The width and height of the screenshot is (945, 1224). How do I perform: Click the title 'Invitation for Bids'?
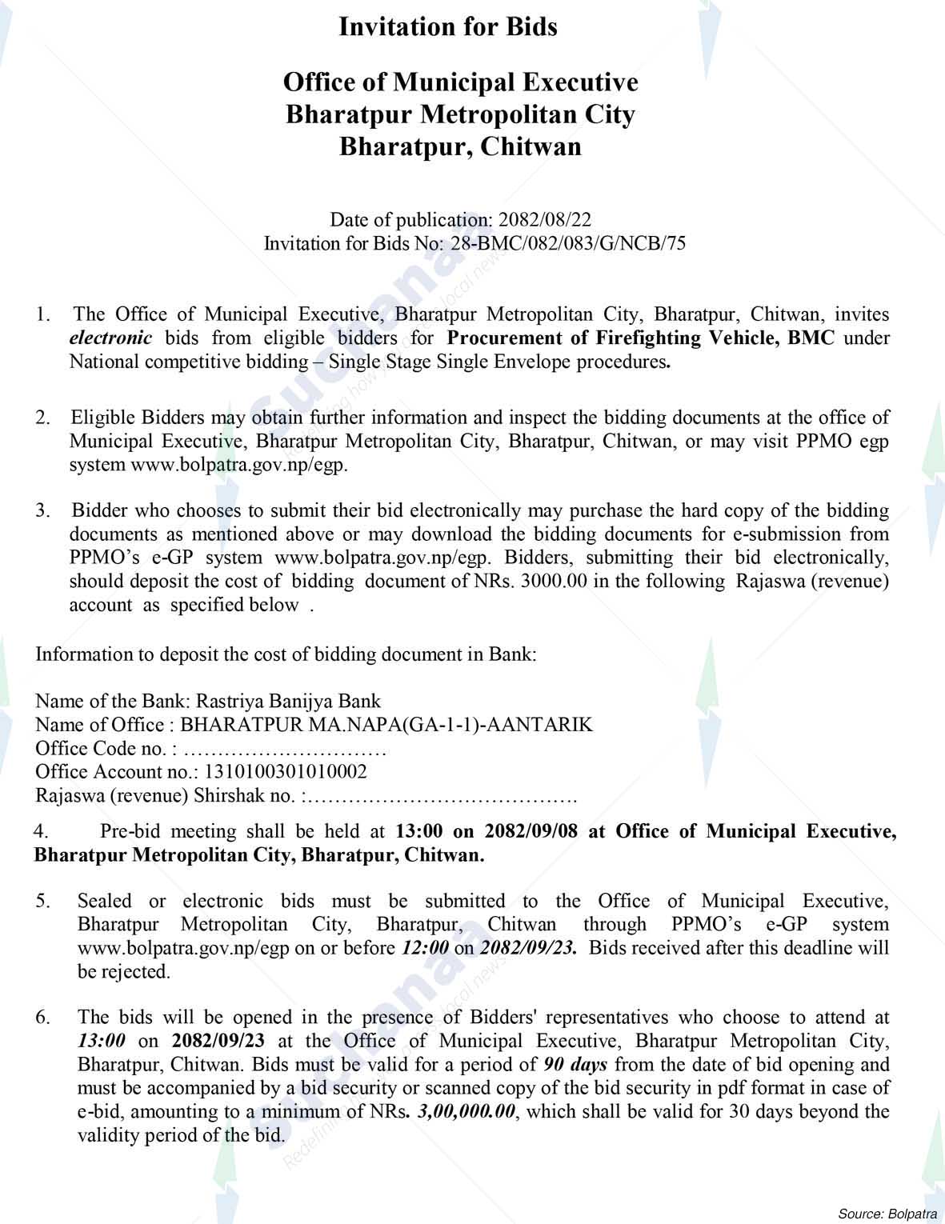point(448,27)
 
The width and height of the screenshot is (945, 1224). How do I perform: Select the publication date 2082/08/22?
point(545,220)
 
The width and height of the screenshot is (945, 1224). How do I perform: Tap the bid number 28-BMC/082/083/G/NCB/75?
point(568,243)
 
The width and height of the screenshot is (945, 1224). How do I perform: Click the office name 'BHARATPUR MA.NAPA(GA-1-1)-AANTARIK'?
point(387,725)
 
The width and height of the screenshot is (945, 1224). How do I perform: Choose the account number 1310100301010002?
point(286,772)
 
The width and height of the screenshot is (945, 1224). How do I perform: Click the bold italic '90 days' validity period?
point(575,1065)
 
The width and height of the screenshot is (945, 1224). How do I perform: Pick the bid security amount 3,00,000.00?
point(467,1112)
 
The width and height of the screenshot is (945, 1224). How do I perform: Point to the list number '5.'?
point(43,902)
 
